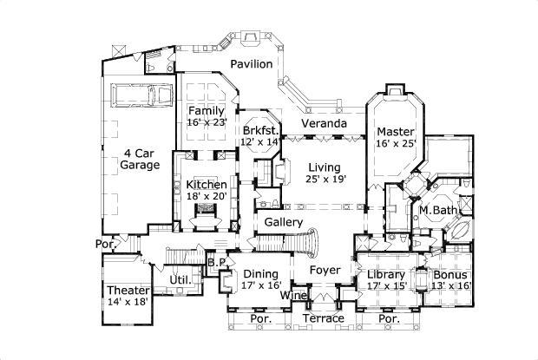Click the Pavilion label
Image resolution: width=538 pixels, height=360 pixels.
coord(252,64)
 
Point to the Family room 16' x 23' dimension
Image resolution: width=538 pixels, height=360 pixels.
coord(207,123)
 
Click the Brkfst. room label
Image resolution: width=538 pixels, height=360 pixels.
coord(260,128)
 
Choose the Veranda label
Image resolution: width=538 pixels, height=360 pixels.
coord(324,124)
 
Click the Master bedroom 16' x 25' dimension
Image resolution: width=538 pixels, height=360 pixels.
coord(396,144)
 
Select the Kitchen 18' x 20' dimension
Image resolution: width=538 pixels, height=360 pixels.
coord(207,197)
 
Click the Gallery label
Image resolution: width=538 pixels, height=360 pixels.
coord(283,224)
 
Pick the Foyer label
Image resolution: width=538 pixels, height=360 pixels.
coord(325,270)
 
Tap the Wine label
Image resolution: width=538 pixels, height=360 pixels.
coord(291,296)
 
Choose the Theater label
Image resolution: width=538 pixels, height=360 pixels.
coord(128,290)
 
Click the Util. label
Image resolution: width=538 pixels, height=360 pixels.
coord(180,280)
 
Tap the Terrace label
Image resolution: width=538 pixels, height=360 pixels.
coord(323,318)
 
